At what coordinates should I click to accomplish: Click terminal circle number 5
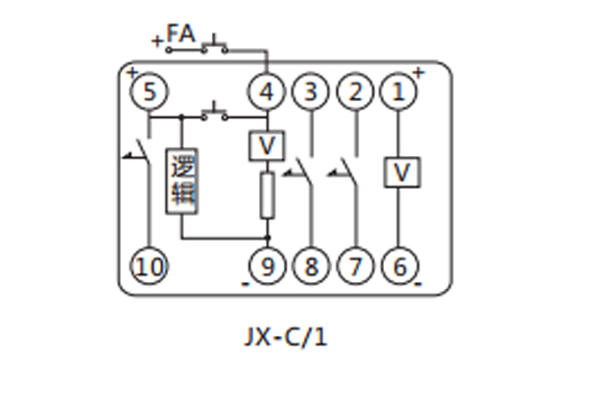pos(149,93)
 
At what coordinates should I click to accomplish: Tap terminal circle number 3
pos(311,93)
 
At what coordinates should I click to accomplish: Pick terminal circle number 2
pos(354,93)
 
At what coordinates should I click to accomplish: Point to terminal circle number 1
pos(399,93)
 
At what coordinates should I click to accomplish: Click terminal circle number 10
pos(149,265)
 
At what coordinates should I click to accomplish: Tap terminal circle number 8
pos(311,265)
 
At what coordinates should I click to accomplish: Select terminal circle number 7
pos(354,265)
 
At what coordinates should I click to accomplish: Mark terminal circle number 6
pos(399,265)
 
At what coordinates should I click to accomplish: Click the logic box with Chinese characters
pos(182,179)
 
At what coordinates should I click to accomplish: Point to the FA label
pos(181,35)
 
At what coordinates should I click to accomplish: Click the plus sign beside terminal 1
pos(419,72)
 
